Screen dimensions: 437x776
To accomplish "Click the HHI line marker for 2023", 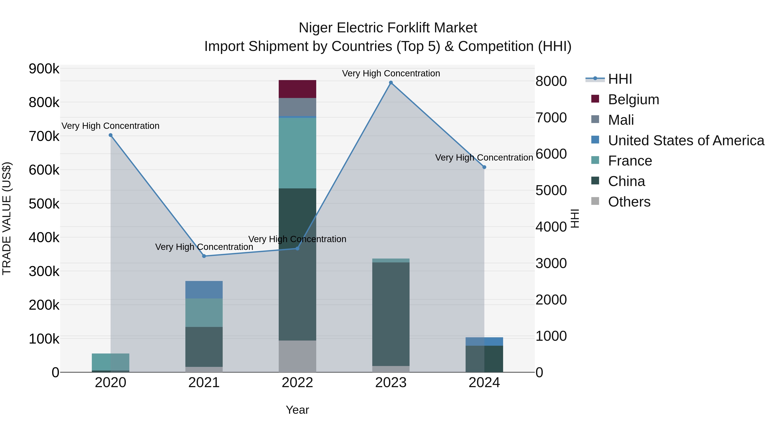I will click(391, 83).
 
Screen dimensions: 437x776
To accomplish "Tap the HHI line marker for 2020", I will click(111, 135).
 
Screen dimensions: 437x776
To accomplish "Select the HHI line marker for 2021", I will click(204, 256).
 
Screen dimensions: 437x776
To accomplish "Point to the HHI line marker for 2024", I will click(484, 167).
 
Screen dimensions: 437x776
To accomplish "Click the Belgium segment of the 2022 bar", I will click(297, 89).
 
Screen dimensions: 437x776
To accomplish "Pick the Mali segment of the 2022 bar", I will click(297, 107).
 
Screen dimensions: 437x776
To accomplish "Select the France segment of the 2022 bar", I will click(297, 153).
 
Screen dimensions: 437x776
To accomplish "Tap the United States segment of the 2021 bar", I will click(204, 290).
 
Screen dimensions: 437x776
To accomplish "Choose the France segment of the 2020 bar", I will click(111, 362).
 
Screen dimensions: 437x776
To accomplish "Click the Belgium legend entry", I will click(633, 99).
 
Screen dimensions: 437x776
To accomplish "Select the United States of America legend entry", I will click(686, 140).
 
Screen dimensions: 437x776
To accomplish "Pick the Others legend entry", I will click(629, 202).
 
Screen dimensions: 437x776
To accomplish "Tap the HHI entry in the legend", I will click(620, 79).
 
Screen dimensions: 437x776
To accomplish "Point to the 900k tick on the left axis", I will click(44, 69).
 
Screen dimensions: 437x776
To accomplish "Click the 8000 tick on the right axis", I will click(551, 81).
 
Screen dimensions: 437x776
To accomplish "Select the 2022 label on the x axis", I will click(297, 383).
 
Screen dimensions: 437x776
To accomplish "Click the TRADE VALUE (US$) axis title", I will click(7, 218).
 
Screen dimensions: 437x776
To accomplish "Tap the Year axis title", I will click(297, 410).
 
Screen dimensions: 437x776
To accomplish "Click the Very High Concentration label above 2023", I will click(391, 73).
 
